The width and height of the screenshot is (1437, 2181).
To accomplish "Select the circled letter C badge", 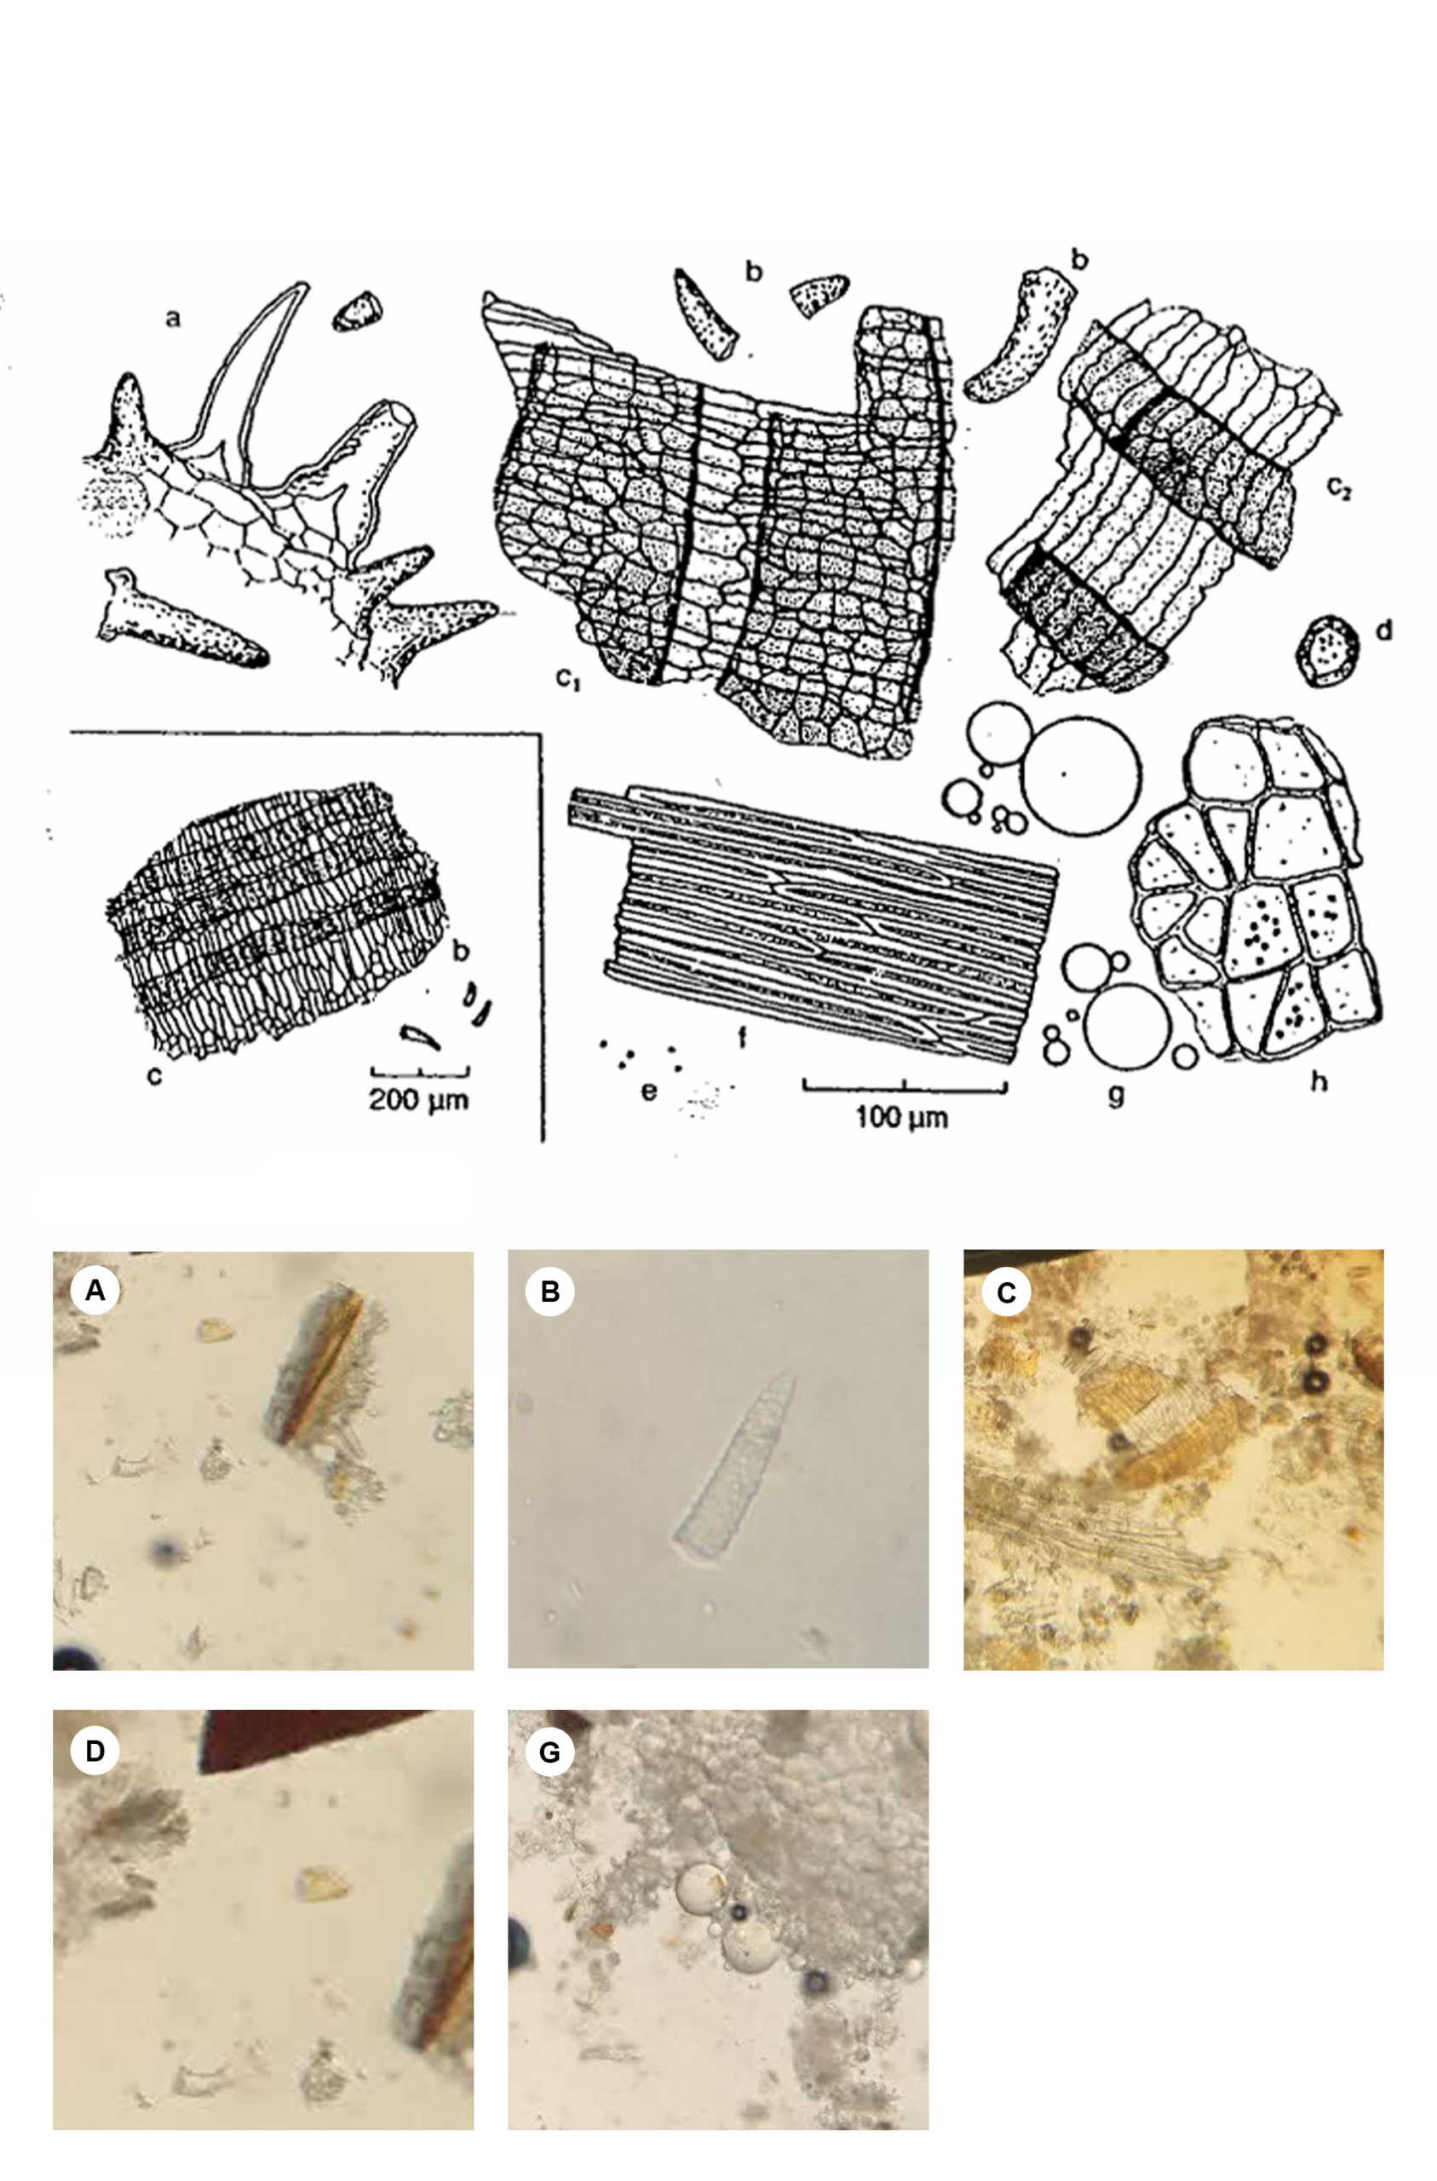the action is (x=1006, y=1292).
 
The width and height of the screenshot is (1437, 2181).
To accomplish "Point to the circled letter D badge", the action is (x=95, y=1752).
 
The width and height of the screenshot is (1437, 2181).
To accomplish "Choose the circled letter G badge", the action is (x=550, y=1752).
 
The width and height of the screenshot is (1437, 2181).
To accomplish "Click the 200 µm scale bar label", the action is (x=419, y=1100).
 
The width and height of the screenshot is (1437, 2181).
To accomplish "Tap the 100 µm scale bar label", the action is (x=902, y=1118).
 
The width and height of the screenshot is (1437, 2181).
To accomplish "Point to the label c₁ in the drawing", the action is (x=568, y=679).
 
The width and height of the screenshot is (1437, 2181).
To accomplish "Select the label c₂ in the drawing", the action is (x=1339, y=488).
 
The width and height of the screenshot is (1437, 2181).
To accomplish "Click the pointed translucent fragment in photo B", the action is (x=733, y=1466).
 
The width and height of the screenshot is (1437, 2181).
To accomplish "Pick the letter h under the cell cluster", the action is (x=1319, y=1081).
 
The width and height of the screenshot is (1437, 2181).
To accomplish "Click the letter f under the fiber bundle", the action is (x=742, y=1038).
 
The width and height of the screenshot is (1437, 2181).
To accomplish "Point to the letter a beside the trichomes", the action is (x=172, y=318).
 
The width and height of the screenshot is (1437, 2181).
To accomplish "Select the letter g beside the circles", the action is (x=1115, y=1095).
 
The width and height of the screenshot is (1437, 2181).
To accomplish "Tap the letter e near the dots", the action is (x=649, y=1090).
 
